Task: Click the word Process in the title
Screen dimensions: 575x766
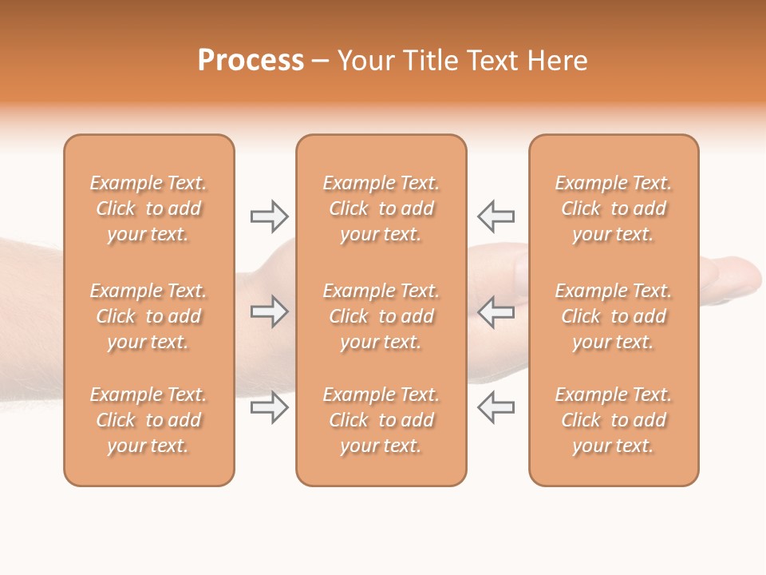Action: (251, 61)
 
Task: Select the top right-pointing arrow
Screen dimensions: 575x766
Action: (270, 216)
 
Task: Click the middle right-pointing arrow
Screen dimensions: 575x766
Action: (270, 311)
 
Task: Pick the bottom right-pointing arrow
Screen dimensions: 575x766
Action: (270, 407)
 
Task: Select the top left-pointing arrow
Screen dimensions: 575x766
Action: (496, 216)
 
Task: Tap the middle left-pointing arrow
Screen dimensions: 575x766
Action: (496, 311)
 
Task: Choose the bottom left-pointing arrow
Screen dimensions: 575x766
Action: (496, 407)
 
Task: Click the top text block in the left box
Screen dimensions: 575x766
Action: (148, 208)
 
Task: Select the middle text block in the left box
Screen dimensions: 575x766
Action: (148, 316)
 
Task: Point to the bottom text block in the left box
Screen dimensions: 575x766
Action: (148, 420)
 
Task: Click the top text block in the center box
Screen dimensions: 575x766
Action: (381, 208)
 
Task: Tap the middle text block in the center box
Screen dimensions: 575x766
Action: (381, 316)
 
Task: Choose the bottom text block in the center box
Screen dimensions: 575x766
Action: (381, 420)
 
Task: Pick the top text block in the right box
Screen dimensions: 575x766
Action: (613, 208)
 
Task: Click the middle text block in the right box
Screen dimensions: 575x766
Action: (613, 316)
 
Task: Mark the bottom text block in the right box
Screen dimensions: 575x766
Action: (613, 420)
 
